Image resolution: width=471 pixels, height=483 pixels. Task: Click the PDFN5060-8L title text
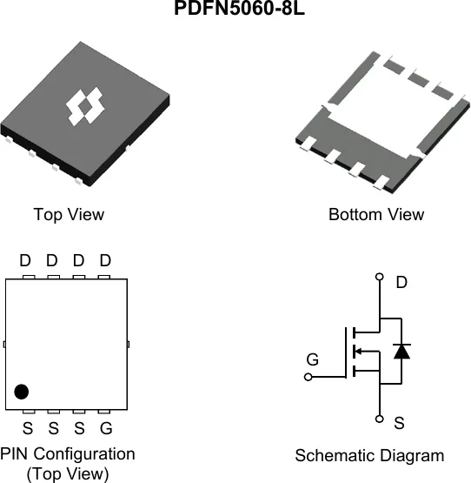[x=239, y=8]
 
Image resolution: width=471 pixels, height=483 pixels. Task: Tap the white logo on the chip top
[x=85, y=106]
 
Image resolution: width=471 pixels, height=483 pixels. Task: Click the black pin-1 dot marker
[x=22, y=392]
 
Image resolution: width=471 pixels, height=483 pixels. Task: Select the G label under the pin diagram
[x=106, y=428]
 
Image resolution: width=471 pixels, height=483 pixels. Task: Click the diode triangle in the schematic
[x=401, y=352]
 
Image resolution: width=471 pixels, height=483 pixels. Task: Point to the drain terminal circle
[x=380, y=277]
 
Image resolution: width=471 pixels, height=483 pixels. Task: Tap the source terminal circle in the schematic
[x=380, y=419]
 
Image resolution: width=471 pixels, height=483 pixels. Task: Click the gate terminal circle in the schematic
[x=308, y=377]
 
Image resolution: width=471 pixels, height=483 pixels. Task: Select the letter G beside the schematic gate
[x=313, y=359]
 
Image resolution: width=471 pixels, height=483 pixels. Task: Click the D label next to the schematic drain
[x=401, y=282]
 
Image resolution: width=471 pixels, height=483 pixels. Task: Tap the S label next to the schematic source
[x=400, y=423]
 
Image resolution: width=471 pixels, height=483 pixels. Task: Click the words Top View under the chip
[x=69, y=214]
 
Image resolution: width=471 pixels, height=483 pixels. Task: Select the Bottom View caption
[x=376, y=214]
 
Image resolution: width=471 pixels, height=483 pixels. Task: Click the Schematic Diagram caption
[x=369, y=455]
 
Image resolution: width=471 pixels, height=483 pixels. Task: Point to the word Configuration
[x=84, y=454]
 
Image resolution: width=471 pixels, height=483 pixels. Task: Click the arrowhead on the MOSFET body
[x=359, y=351]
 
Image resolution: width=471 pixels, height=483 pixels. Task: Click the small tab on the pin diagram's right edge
[x=128, y=344]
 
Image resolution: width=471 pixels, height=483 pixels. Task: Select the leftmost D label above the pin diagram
[x=25, y=260]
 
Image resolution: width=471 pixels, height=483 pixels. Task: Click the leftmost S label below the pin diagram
[x=28, y=428]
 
